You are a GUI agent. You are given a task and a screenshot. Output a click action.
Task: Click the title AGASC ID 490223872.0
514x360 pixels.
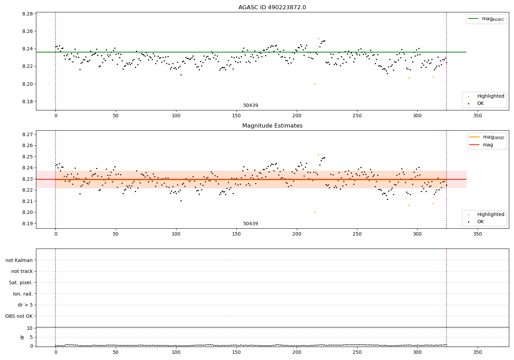click(x=272, y=8)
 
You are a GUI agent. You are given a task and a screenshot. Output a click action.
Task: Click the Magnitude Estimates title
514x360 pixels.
click(x=272, y=126)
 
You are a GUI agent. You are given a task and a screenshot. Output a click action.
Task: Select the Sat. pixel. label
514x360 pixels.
click(x=21, y=283)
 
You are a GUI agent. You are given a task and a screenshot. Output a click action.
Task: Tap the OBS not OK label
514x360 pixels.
click(x=19, y=316)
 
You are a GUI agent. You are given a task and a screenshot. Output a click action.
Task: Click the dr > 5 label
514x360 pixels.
click(x=25, y=305)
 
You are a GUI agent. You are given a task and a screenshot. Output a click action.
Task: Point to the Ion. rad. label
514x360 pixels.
click(x=23, y=294)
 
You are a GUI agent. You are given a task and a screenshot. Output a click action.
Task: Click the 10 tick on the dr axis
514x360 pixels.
click(x=29, y=328)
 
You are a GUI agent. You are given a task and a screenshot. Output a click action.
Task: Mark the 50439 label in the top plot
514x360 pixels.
click(x=250, y=106)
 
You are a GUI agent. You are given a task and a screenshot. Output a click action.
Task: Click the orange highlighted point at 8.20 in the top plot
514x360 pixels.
click(x=315, y=84)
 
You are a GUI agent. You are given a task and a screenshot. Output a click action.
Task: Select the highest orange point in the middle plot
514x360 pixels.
click(x=318, y=155)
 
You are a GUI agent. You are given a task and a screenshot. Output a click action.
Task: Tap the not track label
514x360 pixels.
click(x=22, y=271)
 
